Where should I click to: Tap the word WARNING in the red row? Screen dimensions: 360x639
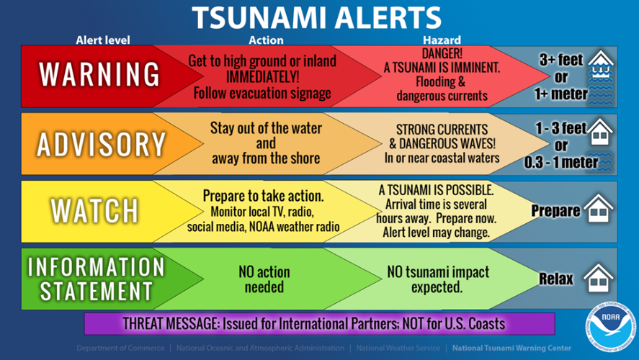coord(99,74)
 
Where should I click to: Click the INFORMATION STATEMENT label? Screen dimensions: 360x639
coord(96,278)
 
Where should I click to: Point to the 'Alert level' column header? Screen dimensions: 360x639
coord(102,40)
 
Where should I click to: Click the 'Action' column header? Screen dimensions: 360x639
coord(266,40)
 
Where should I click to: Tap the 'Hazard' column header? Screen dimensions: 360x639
coord(442,40)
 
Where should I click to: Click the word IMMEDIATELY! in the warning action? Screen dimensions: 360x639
coord(260,77)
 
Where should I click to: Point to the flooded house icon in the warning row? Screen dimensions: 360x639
coord(599,74)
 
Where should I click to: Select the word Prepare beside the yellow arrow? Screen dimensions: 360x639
coord(555,211)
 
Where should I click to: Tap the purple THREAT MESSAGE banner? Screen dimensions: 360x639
coord(319,323)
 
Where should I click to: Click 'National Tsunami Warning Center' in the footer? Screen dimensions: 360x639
coord(511,348)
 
